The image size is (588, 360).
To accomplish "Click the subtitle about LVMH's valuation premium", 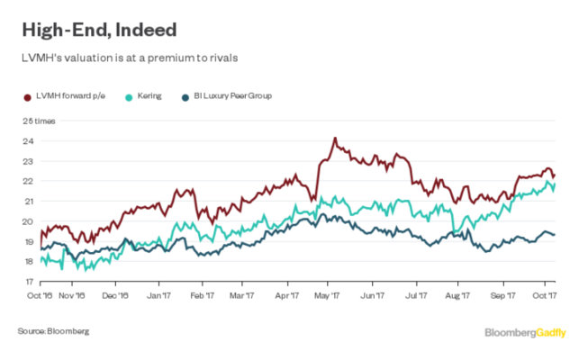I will pos(125,58).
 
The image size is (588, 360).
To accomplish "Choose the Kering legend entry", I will pos(149,95).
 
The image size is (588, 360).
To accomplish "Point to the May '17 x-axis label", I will pos(328,293).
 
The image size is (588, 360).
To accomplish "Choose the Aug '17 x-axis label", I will pos(458,293).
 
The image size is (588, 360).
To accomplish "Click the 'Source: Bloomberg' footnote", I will pos(53,332).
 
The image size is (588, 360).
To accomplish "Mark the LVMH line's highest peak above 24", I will pos(334,139).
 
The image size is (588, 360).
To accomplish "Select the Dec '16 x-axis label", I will pos(117,293).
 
